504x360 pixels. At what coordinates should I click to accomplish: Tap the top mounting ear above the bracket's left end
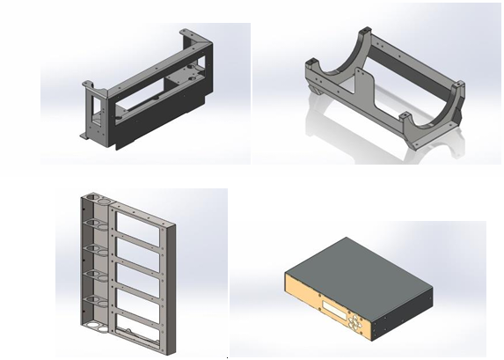pos(86,85)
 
